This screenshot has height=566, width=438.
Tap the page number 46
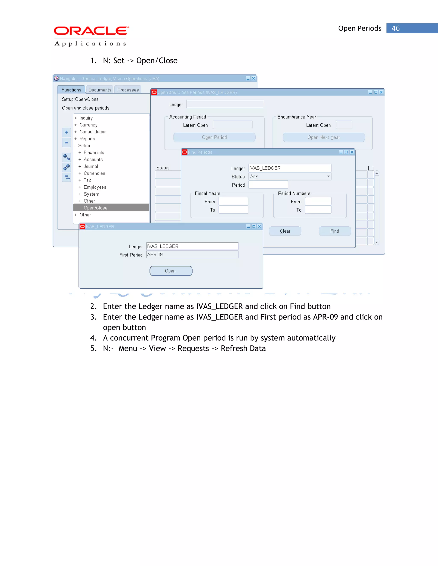pos(395,28)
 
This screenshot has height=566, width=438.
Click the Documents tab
pos(100,90)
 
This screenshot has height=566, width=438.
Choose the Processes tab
pos(128,90)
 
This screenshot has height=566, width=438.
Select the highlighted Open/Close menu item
pos(95,208)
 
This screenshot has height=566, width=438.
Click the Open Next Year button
pos(324,137)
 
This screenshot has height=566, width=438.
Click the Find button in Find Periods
pos(334,231)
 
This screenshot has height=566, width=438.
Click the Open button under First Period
pos(171,271)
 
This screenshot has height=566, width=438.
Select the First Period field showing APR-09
pos(192,255)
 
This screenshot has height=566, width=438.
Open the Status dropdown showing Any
pos(290,176)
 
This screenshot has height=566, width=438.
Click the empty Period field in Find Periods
pos(268,185)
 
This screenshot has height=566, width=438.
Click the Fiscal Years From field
pos(233,201)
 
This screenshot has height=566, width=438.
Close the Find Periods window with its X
pos(352,152)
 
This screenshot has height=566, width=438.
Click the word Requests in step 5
pos(193,349)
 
